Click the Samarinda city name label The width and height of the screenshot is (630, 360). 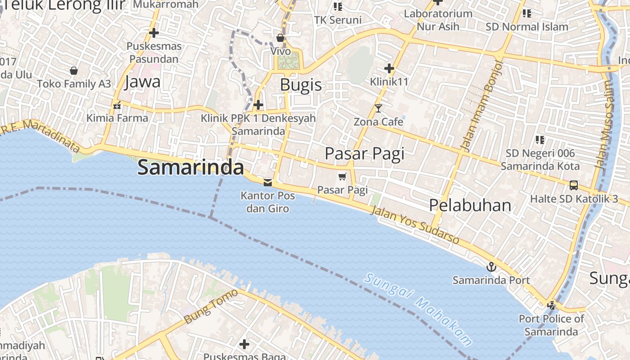pos(190,167)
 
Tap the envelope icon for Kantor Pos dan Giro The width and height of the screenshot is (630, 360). pos(268,182)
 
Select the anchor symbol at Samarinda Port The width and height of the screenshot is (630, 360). pos(491,267)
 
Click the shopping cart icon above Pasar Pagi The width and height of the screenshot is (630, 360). pos(342,176)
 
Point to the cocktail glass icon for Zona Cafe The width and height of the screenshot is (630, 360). pos(378,108)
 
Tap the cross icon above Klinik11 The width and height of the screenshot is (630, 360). pos(389,68)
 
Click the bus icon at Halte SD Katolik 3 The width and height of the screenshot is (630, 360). pos(574,185)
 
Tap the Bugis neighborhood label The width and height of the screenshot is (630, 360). pos(301,85)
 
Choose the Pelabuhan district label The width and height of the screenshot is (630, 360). pos(470,205)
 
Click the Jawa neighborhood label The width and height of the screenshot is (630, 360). pos(142,81)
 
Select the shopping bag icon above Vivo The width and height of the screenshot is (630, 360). pos(280,38)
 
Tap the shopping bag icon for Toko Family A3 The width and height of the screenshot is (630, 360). pos(74,71)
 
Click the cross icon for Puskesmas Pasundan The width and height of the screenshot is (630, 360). pos(154,33)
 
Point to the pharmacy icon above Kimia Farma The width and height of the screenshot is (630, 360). pos(117,106)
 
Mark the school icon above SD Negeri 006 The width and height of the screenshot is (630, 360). pos(540,140)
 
